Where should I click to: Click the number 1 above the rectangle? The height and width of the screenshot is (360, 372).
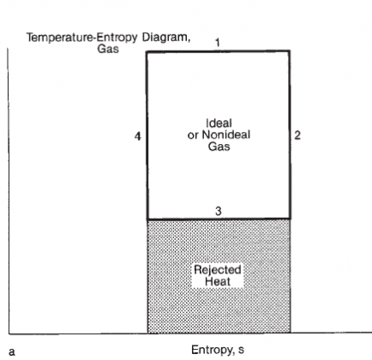(x=218, y=43)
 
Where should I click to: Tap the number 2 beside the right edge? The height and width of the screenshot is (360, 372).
(x=297, y=135)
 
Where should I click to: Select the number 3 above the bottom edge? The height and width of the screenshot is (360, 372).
(x=219, y=211)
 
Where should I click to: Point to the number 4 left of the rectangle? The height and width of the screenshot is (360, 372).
(x=138, y=136)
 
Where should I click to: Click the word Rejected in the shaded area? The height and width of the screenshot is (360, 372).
(x=218, y=270)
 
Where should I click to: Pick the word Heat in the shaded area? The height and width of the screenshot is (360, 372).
(x=218, y=281)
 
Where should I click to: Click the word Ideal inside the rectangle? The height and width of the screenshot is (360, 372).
(x=219, y=123)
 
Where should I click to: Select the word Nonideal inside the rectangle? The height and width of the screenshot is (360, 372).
(x=226, y=135)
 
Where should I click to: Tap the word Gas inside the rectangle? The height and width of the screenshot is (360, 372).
(x=219, y=147)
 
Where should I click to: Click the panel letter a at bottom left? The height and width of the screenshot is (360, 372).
(x=11, y=351)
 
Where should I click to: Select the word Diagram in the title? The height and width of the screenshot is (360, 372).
(x=166, y=38)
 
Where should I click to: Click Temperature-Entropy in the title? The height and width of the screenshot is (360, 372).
(x=81, y=38)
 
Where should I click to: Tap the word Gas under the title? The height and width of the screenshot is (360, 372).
(x=108, y=48)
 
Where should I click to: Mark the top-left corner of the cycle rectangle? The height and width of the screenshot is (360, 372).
(x=147, y=51)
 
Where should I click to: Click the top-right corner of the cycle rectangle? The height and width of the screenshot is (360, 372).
(x=290, y=51)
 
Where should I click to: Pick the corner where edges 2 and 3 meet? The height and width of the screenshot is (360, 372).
(x=291, y=219)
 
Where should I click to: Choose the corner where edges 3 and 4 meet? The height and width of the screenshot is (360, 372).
(x=147, y=219)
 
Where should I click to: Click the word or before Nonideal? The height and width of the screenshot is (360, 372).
(x=193, y=135)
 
